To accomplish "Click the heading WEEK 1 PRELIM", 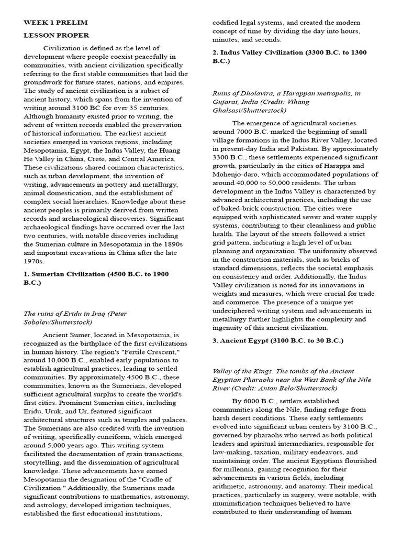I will click(x=55, y=23).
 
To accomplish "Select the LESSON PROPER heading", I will click(x=56, y=35).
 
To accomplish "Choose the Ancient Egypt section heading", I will click(x=277, y=340).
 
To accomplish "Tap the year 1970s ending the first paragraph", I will click(x=34, y=261).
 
